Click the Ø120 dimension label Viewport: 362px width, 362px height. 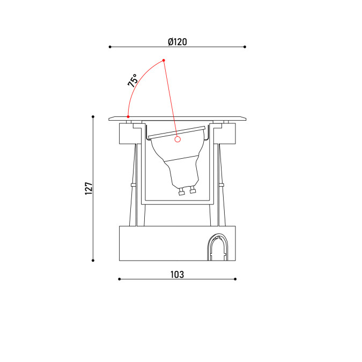(178, 42)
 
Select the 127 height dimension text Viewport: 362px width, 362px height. (88, 188)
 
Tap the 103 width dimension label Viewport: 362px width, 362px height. (178, 275)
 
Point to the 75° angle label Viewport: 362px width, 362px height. (133, 80)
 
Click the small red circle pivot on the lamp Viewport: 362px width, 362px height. (178, 139)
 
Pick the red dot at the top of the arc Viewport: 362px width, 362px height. (164, 60)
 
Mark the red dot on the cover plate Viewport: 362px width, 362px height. (128, 116)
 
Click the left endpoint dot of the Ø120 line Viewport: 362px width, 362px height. (110, 47)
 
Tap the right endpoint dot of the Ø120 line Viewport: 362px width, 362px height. (245, 47)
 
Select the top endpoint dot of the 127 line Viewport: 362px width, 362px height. (93, 116)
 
